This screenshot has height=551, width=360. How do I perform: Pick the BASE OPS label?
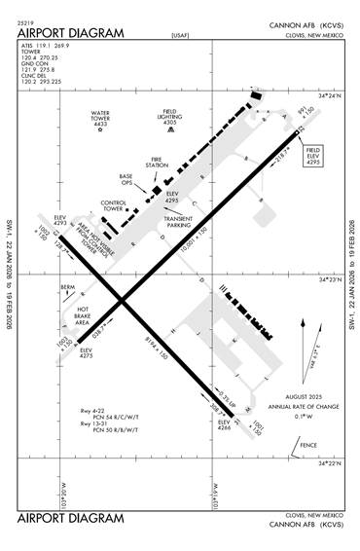126,179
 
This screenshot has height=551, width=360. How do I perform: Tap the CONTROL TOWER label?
119,205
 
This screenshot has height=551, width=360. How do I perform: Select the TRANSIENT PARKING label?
178,222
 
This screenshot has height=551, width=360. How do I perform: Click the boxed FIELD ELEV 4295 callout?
313,156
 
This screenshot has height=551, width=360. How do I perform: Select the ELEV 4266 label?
225,424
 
